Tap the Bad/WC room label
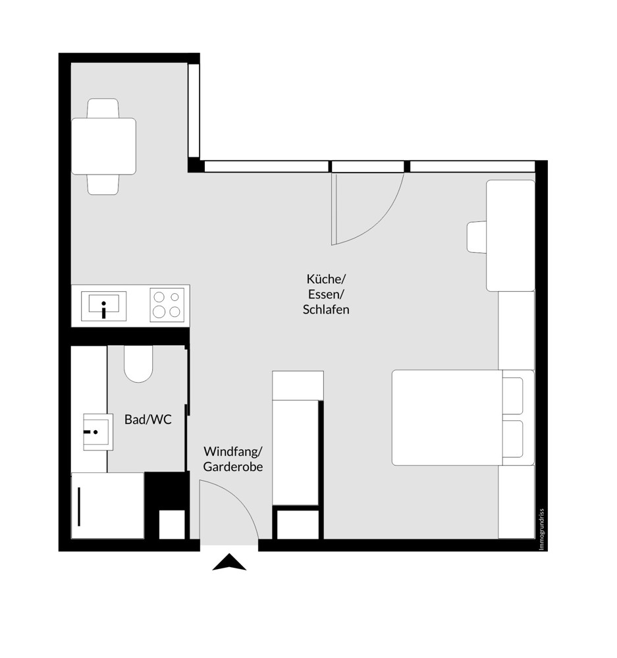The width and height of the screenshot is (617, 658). (148, 419)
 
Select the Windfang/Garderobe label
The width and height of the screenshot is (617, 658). (233, 459)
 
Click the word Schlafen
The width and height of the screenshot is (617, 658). (326, 310)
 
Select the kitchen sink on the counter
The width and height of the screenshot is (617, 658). (103, 305)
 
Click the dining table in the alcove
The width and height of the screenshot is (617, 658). (103, 146)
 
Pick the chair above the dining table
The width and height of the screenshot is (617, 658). (103, 107)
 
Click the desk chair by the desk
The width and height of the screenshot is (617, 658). (476, 237)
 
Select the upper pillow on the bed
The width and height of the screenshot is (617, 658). (513, 396)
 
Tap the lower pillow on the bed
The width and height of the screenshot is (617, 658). (513, 439)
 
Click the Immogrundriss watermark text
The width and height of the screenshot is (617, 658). (541, 529)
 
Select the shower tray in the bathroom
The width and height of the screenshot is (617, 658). (107, 505)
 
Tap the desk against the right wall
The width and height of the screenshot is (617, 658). (510, 235)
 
